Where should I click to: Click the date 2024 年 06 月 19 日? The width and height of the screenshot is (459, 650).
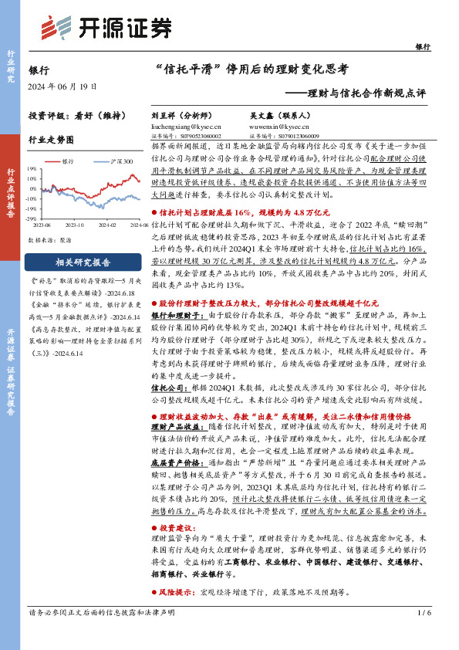click(x=56, y=85)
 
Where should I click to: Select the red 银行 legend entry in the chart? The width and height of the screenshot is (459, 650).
click(x=66, y=161)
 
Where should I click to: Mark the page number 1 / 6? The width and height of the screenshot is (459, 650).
click(x=423, y=635)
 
